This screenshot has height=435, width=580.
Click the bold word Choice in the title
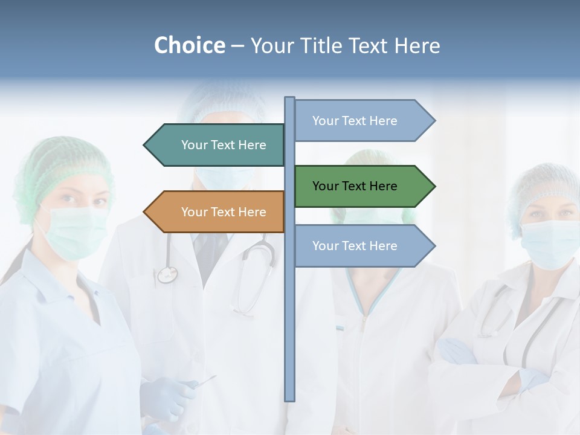[x=189, y=45]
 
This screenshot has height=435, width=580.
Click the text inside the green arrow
[x=355, y=186]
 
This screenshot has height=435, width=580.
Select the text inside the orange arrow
[x=224, y=212]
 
